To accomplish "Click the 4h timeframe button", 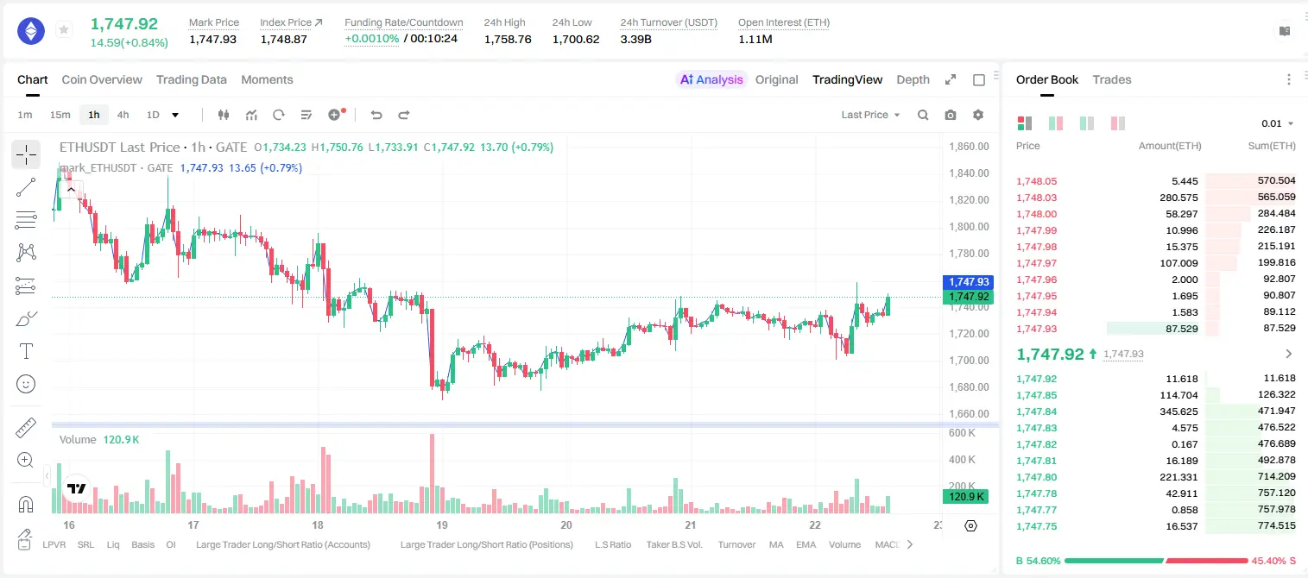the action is (x=123, y=115).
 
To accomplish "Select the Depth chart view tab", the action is (x=913, y=79).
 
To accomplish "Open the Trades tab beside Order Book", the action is (x=1111, y=79).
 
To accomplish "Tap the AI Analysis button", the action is (x=711, y=79).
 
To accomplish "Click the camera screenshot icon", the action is (x=950, y=115).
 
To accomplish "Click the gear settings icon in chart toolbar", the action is (x=978, y=115).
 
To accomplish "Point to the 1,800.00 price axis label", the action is (x=969, y=226).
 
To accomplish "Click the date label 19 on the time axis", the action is (x=441, y=525).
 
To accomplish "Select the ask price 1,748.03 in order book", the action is (x=1036, y=198).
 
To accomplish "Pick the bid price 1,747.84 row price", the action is (x=1036, y=412).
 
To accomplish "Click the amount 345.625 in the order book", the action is (x=1178, y=412).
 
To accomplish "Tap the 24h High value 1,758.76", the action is (x=508, y=39).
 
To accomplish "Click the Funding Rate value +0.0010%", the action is (x=371, y=39).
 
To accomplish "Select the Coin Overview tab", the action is (x=102, y=79).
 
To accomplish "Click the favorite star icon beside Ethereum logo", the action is (x=64, y=29).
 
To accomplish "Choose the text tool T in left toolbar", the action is (x=26, y=351).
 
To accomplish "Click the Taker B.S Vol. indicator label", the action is (x=673, y=544).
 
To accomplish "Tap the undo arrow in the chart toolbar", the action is (x=376, y=115).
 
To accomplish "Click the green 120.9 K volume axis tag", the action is (x=966, y=496).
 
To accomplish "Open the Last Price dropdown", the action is (x=870, y=115).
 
